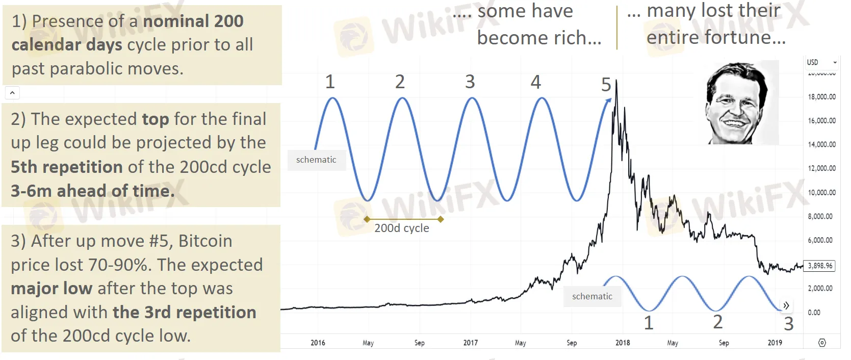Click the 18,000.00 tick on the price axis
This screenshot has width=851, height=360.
(x=821, y=97)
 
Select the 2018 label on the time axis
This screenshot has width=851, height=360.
(x=623, y=343)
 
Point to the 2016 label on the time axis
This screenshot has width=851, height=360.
(x=318, y=343)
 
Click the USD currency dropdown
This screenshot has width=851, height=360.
(x=821, y=62)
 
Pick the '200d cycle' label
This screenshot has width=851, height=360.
(x=402, y=228)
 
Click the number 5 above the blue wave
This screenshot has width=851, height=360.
(x=606, y=85)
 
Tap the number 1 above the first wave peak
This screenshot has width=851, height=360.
(x=330, y=82)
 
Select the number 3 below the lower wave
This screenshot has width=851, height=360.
(x=788, y=324)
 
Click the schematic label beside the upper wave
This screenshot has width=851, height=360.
(x=316, y=160)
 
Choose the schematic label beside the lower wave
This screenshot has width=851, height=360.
(x=592, y=296)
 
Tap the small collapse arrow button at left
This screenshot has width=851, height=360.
(x=12, y=93)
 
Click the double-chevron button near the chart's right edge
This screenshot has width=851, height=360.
(x=786, y=305)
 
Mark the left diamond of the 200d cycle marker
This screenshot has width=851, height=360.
(x=367, y=219)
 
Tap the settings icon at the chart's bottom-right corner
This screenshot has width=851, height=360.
(x=822, y=343)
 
